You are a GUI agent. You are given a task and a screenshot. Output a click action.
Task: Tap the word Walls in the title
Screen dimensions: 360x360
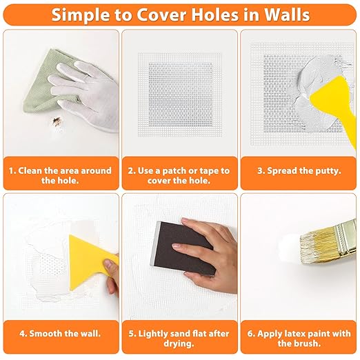[x=287, y=15]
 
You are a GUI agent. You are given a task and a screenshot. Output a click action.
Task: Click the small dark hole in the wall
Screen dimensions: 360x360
[x=56, y=121]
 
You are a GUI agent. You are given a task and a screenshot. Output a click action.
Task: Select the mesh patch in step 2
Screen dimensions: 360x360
[x=180, y=94]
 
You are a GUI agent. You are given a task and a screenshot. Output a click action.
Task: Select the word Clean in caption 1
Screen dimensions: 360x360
[x=30, y=171]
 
